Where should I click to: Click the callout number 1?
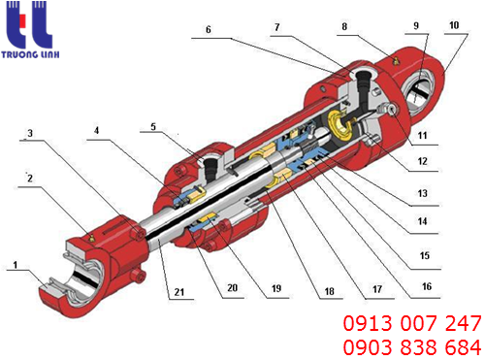pos(16,265)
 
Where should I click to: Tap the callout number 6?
pos(209,30)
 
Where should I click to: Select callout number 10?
pos(454,25)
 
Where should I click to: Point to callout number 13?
pos(422,193)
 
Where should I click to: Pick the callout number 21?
pos(179,292)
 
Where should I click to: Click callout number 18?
pos(329,291)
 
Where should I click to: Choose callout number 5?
pos(153,126)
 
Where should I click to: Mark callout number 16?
pos(427,286)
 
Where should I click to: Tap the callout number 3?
pos(30,133)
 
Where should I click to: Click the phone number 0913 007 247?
pos(412,323)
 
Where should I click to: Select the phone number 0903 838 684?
pos(412,347)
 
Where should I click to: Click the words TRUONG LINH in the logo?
pos(30,54)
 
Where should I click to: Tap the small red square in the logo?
pos(22,20)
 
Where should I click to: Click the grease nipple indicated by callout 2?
pos(91,239)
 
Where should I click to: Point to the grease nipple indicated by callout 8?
pos(395,60)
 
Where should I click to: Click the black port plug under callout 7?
pos(364,86)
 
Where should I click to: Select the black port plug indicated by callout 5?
pos(210,168)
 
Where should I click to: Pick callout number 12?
pos(422,161)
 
